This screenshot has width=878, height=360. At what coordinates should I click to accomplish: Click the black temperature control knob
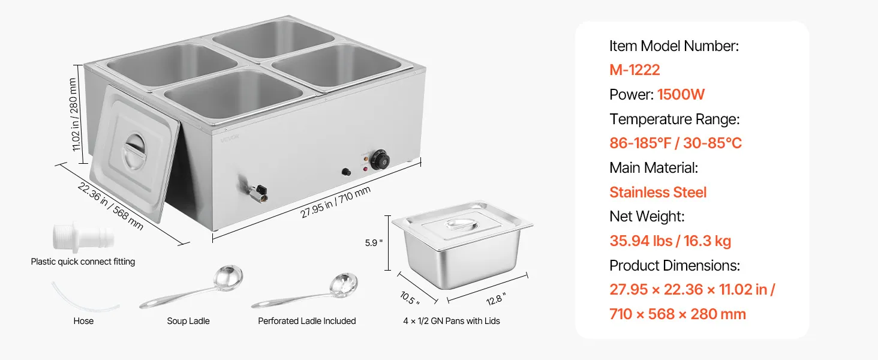(380, 159)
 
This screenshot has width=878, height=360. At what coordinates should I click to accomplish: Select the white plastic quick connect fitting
(83, 237)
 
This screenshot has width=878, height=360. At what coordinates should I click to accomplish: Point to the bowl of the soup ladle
(228, 277)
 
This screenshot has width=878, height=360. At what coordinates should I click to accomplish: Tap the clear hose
(85, 297)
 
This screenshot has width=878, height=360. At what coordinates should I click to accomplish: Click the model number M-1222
(635, 70)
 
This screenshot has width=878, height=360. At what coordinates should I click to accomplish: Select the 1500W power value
(681, 95)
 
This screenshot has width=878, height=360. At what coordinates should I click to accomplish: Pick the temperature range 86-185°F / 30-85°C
(675, 143)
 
